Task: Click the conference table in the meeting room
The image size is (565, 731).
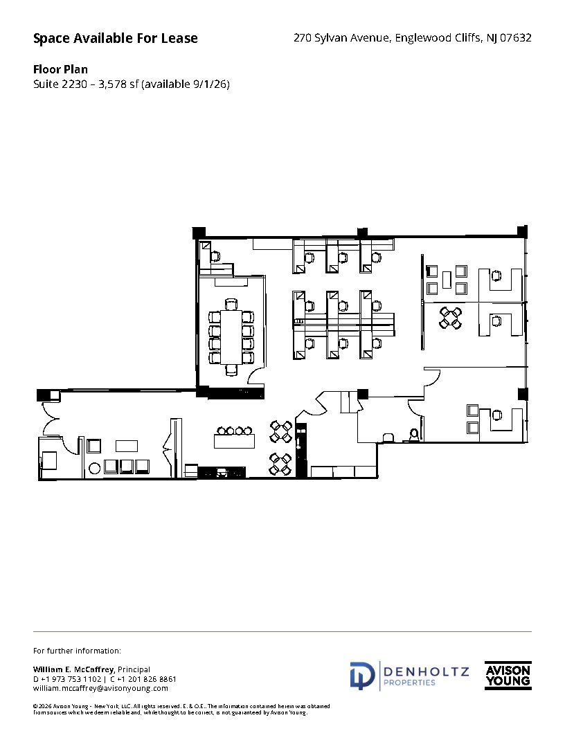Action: pos(231,337)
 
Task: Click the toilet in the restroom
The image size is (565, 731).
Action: pos(415,435)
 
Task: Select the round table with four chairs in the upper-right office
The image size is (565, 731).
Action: pos(451,318)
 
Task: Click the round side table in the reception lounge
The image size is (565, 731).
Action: pos(94,467)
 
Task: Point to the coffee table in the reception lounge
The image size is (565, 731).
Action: pos(127,446)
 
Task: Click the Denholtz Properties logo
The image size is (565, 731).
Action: pos(409,676)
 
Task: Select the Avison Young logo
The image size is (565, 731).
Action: pos(508,676)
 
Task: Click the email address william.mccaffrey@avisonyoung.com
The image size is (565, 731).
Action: pos(100,689)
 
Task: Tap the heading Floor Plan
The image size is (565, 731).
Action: pos(60,69)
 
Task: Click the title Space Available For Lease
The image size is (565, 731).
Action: pos(116,39)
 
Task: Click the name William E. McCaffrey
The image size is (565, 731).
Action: pos(74,669)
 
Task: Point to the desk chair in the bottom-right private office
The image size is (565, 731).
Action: pos(496,415)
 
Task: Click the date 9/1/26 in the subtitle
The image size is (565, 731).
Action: pos(211,84)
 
